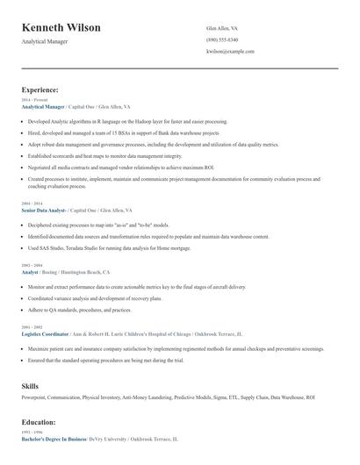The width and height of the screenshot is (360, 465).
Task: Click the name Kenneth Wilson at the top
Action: click(61, 27)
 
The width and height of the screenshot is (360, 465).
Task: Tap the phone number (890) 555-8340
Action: click(222, 39)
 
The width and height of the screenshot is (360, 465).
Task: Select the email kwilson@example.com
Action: click(230, 51)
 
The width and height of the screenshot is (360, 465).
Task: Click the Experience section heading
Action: click(40, 89)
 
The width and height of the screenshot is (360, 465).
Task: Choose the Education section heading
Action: click(39, 422)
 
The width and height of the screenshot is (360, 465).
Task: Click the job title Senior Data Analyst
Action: click(43, 211)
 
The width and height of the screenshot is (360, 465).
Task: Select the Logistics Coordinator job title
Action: click(47, 334)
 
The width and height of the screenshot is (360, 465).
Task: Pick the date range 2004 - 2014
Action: click(31, 204)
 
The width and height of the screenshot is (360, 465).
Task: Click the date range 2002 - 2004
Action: click(31, 266)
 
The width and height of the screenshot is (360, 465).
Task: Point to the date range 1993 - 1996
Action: click(31, 432)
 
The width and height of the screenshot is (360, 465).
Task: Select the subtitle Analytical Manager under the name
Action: click(44, 41)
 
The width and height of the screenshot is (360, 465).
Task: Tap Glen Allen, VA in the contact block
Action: click(222, 28)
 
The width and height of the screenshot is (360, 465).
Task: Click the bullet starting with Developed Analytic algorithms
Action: click(127, 121)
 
